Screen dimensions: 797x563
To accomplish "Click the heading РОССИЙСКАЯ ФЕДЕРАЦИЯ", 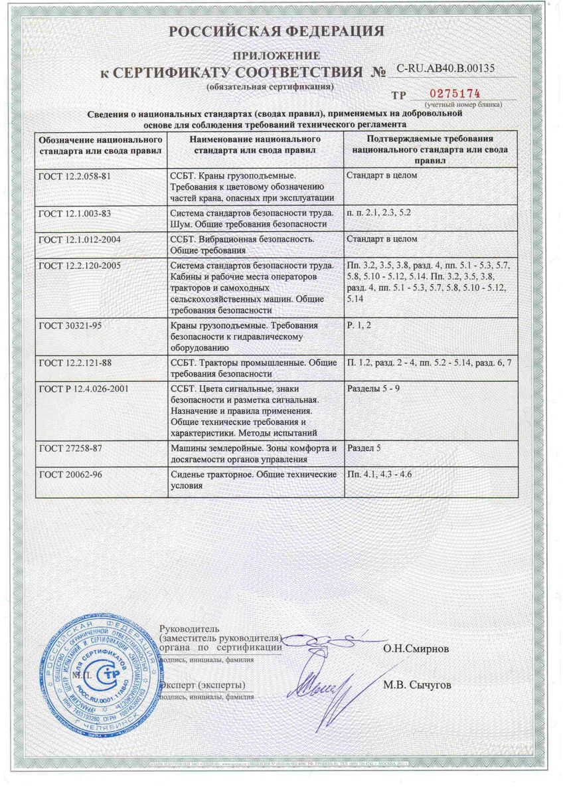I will coord(276,31).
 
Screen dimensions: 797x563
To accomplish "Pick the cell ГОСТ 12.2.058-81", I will coord(73,176).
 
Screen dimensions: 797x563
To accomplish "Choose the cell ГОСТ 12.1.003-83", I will coord(73,213).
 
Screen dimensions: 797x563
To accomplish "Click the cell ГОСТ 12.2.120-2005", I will coord(78,264).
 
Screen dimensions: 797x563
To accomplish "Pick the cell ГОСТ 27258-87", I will coord(68,448).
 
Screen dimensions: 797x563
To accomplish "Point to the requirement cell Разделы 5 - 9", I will coord(373,388).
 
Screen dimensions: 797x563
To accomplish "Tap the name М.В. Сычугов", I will coord(416,685).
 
